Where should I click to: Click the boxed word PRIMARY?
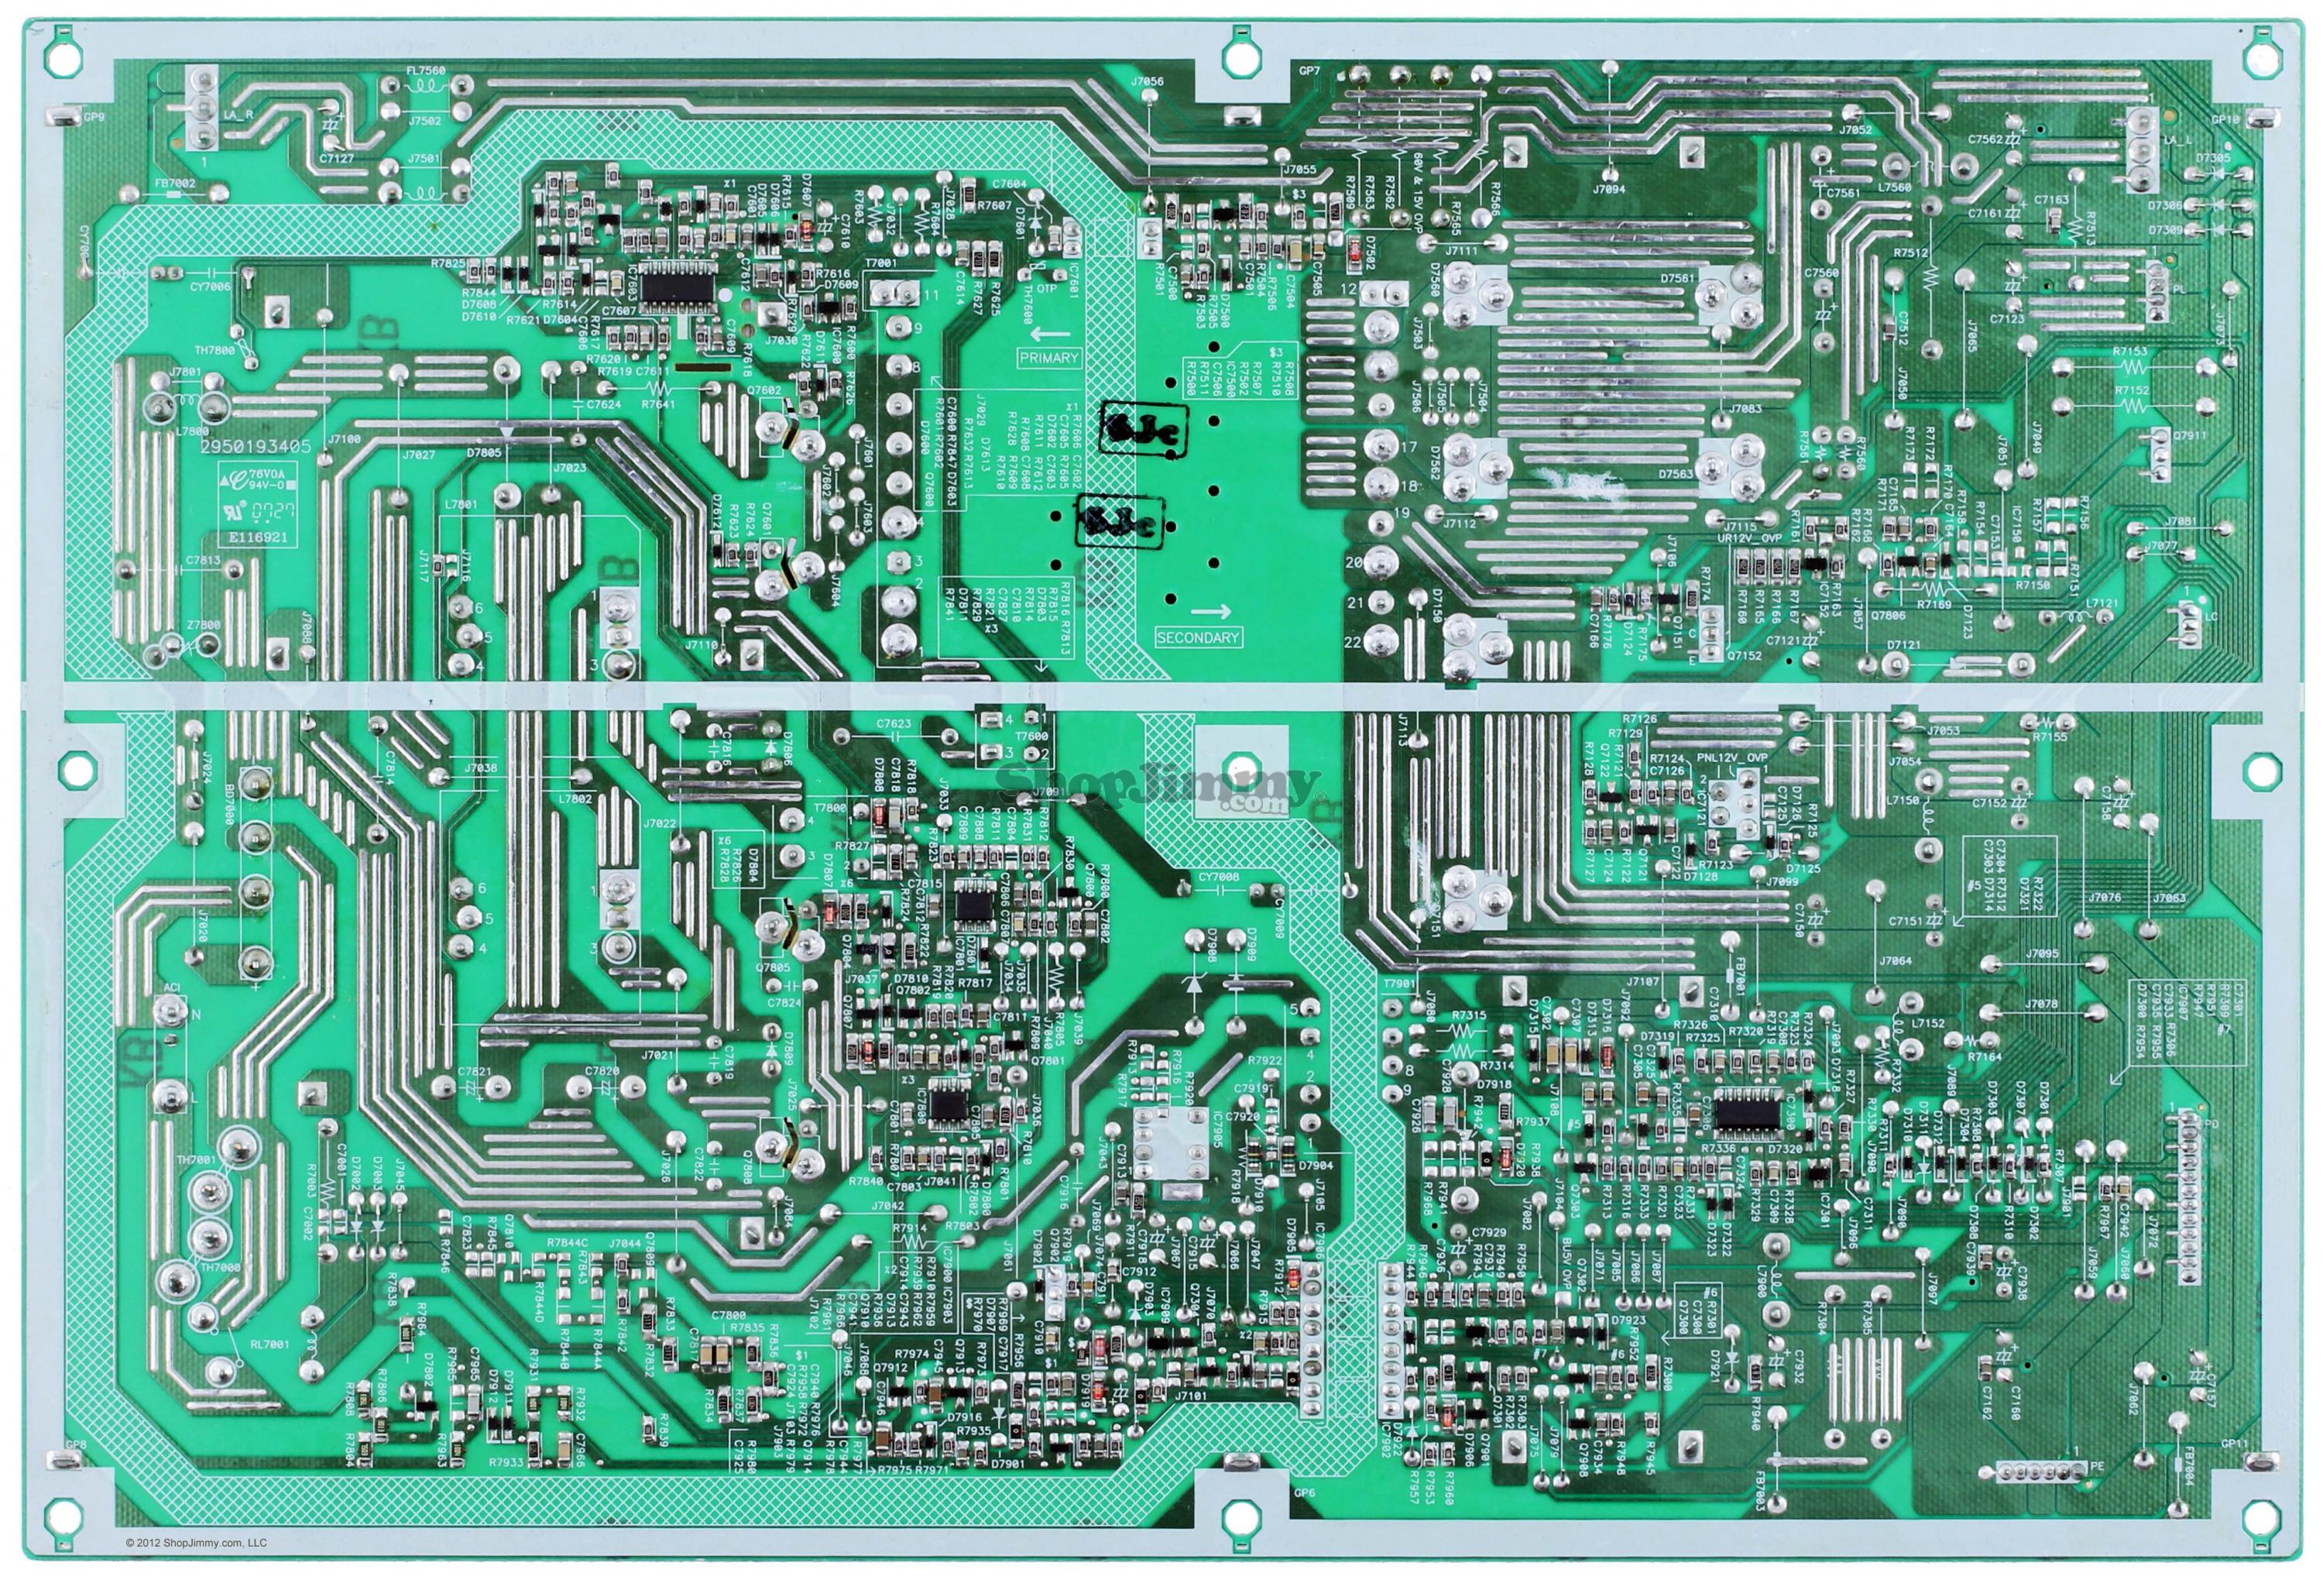click(1048, 357)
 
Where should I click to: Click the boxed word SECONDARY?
click(1196, 637)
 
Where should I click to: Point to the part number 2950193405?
click(255, 447)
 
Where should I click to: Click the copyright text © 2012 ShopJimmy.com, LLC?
click(196, 1543)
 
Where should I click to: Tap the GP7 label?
click(1309, 71)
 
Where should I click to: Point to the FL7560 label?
click(425, 71)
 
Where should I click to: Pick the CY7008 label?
click(1219, 877)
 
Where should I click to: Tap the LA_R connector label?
click(238, 114)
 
